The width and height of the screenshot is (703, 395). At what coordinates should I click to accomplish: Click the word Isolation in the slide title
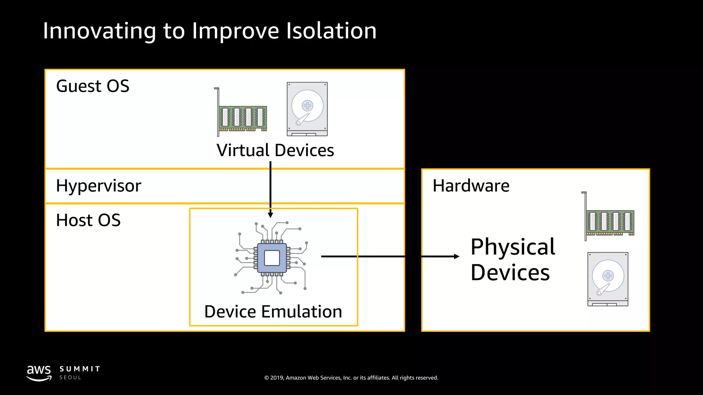click(331, 31)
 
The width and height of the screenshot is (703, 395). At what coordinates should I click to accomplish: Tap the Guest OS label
click(93, 86)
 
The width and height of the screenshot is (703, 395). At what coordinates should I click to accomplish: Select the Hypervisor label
click(99, 186)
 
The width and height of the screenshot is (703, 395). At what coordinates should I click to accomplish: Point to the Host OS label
click(88, 220)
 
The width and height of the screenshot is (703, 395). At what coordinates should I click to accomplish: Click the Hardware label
click(471, 186)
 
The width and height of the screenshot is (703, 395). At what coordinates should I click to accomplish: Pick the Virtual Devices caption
click(275, 150)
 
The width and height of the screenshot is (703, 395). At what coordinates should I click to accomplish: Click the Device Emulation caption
click(273, 312)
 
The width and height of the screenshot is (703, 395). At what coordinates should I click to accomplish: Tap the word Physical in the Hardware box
click(513, 247)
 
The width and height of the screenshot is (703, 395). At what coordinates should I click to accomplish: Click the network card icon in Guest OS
click(242, 113)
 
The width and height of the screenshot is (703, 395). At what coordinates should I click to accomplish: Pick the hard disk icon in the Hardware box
click(608, 279)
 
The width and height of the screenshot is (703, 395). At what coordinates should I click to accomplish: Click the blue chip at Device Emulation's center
click(272, 258)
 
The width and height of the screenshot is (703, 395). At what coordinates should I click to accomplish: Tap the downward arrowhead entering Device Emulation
click(270, 215)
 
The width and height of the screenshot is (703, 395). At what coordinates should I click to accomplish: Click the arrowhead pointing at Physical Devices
click(457, 256)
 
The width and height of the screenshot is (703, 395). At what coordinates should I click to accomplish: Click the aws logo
click(39, 373)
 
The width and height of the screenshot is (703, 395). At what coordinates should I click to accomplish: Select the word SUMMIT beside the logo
click(80, 369)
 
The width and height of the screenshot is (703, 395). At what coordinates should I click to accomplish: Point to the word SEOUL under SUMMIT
click(70, 378)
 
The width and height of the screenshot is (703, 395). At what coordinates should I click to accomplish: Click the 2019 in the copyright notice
click(277, 378)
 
